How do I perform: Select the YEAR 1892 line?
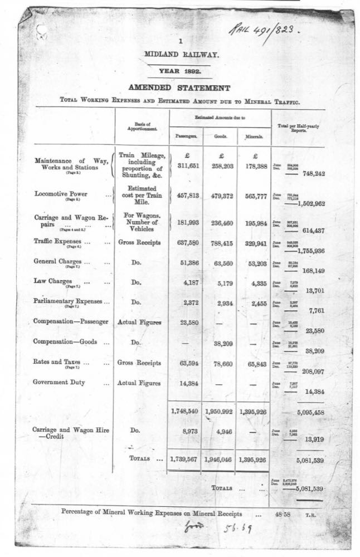click(x=180, y=71)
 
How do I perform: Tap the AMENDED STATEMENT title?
click(x=179, y=88)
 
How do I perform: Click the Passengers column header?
click(x=186, y=136)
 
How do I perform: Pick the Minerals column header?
click(x=253, y=136)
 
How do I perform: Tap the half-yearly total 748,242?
click(x=313, y=173)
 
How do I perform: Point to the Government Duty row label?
click(x=63, y=383)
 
